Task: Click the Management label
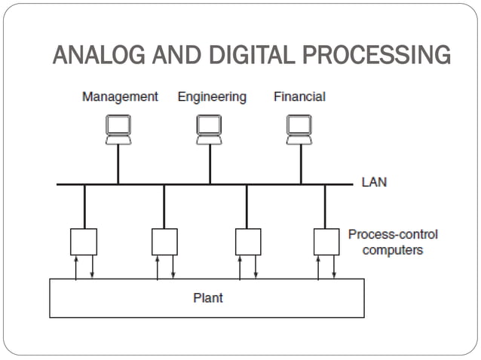(x=120, y=96)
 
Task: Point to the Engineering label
(x=212, y=96)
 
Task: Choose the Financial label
(x=299, y=96)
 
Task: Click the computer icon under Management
(x=118, y=130)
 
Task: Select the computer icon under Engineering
(x=210, y=130)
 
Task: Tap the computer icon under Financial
(x=300, y=130)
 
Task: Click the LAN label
(x=374, y=182)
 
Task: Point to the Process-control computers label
(x=392, y=242)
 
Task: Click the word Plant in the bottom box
(x=207, y=298)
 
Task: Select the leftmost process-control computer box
(x=84, y=241)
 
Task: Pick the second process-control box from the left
(x=164, y=241)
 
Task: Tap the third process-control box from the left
(x=247, y=241)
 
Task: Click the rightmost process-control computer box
(x=326, y=241)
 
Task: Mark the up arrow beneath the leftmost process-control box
(x=76, y=267)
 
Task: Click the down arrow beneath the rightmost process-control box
(x=334, y=267)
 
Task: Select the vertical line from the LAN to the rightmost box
(x=326, y=206)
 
